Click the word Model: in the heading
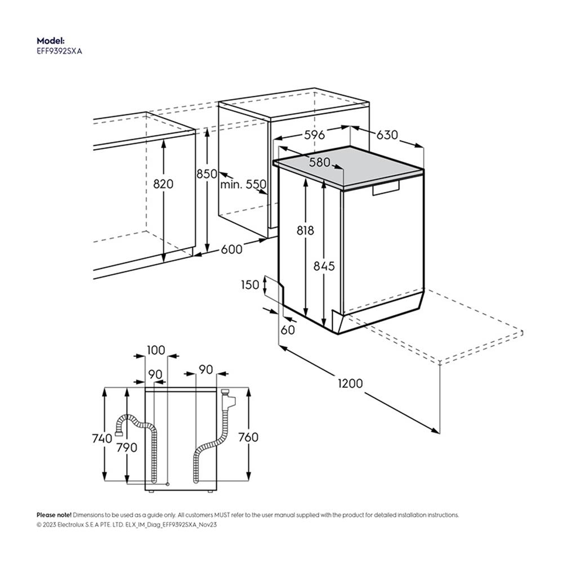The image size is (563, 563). pos(51,41)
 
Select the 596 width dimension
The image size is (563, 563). pos(314,135)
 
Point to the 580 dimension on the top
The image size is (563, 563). pos(319,162)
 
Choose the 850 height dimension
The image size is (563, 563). pos(207,174)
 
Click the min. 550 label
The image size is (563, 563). pos(243,184)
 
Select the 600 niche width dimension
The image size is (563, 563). pos(231,249)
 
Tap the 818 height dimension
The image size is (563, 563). pos(305,230)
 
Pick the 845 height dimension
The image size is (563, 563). pos(324,266)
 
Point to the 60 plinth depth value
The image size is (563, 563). pos(288,330)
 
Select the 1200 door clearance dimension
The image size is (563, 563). pos(350,383)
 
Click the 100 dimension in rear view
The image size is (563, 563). pos(156,350)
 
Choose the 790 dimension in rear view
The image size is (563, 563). pos(127,448)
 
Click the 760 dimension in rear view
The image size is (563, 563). pos(248,437)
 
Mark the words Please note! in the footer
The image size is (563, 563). pos(54,515)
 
